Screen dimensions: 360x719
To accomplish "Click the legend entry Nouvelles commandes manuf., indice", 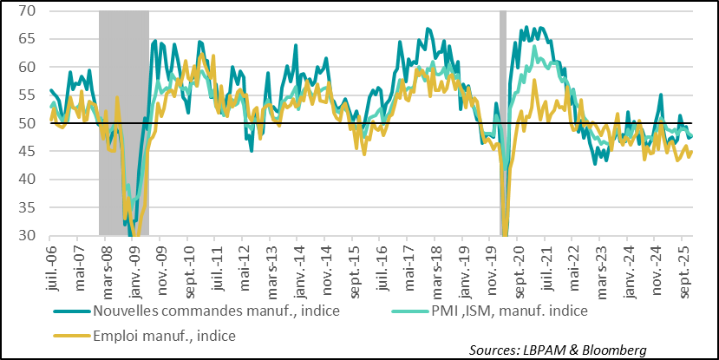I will [193, 311].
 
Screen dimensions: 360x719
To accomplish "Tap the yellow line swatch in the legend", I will [71, 333].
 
